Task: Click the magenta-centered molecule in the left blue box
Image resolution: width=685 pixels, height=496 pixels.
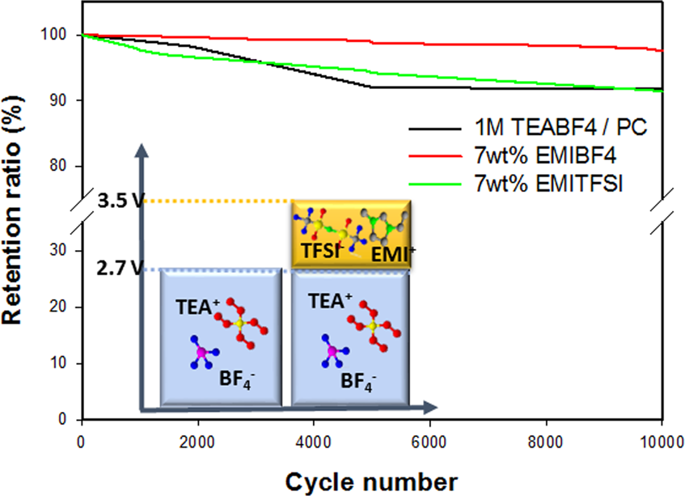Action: pyautogui.click(x=201, y=353)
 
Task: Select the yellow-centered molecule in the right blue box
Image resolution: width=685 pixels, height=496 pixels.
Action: pyautogui.click(x=371, y=325)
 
